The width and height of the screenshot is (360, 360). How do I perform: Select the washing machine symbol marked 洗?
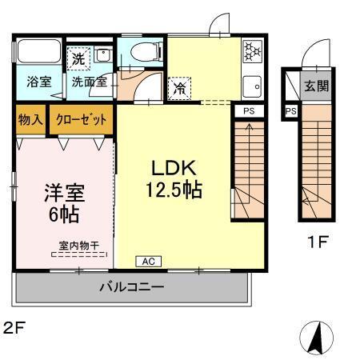tap(78, 58)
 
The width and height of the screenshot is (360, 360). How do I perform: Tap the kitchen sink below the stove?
tap(252, 82)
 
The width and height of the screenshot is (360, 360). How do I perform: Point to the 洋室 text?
tap(63, 193)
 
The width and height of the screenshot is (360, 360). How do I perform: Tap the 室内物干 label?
tap(79, 246)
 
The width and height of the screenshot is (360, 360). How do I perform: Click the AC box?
tap(148, 261)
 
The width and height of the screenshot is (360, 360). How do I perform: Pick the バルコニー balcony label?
tap(132, 287)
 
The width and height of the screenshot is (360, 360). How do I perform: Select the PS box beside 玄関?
tap(290, 110)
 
